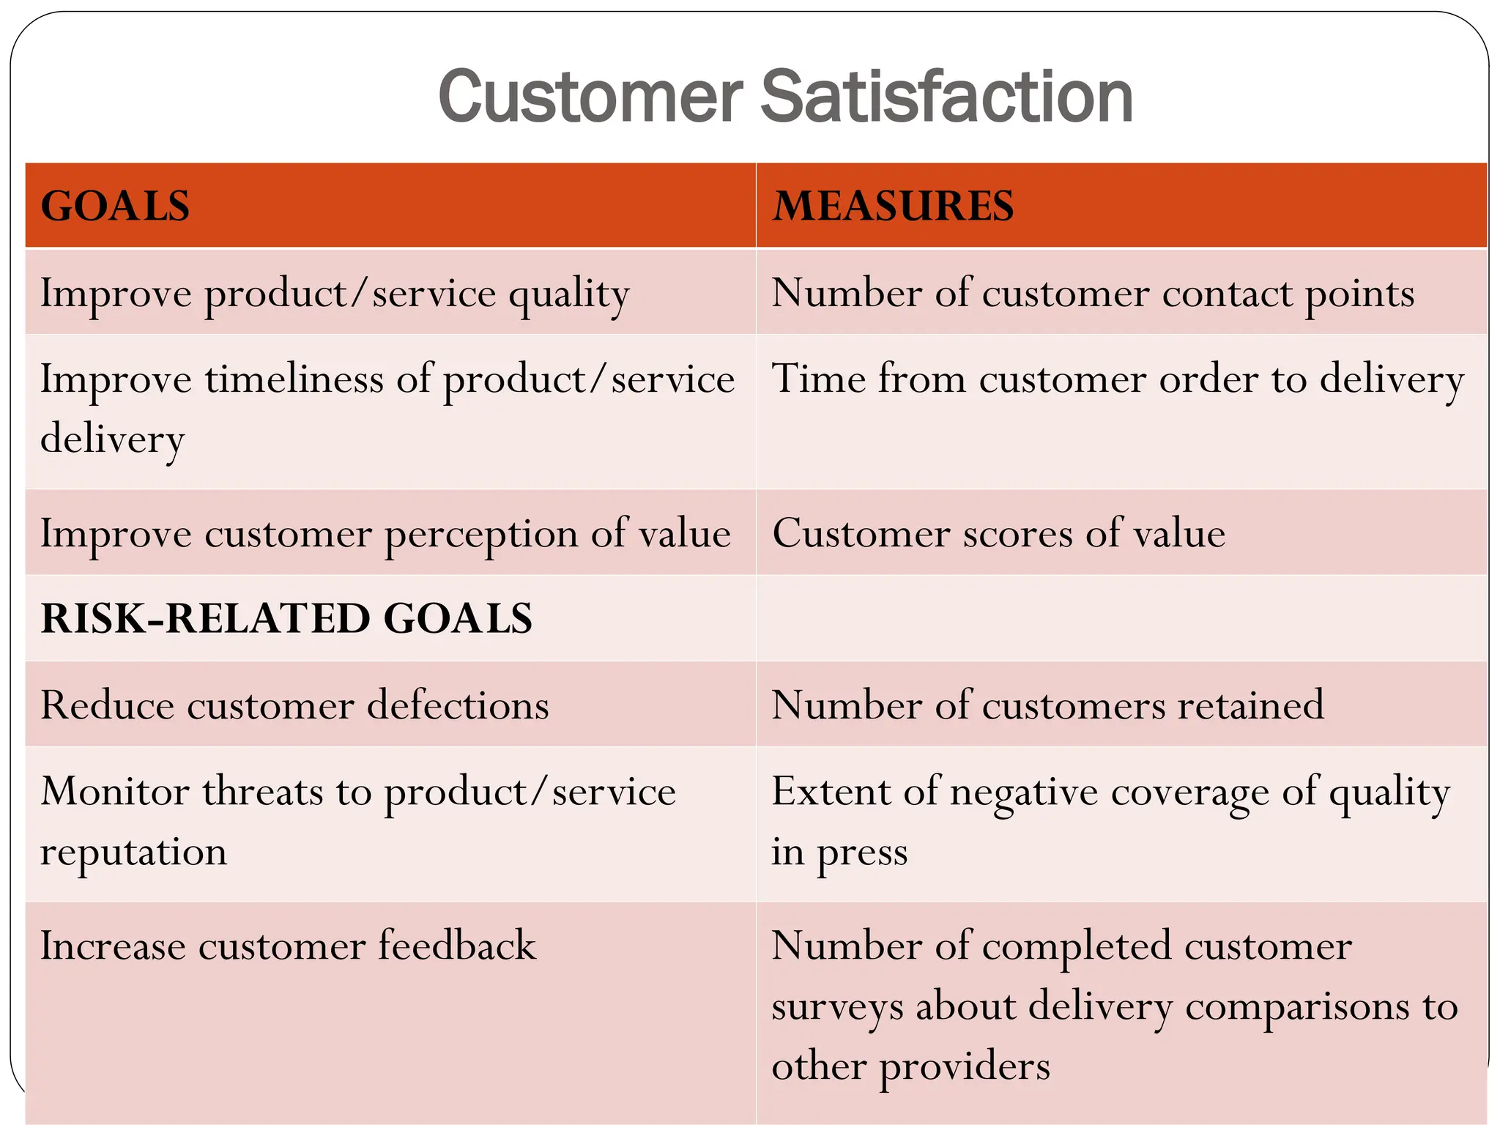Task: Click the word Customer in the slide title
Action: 590,97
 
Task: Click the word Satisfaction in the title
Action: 946,97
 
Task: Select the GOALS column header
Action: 115,206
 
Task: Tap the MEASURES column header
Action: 893,206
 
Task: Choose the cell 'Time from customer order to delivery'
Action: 1117,379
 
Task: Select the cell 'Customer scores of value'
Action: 998,533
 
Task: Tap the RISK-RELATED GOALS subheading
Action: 286,619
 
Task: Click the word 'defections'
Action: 458,705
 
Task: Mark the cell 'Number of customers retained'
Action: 1047,705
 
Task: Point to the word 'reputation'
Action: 133,852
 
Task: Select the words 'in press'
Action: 839,853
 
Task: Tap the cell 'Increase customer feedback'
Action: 288,946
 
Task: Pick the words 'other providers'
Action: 910,1066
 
